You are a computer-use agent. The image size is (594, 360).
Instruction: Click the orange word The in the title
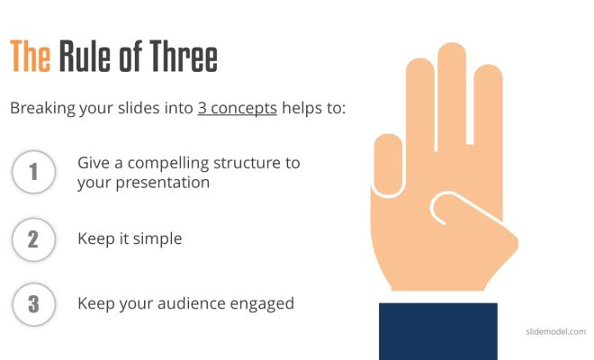tap(31, 56)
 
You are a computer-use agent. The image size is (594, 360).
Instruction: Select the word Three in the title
tap(184, 56)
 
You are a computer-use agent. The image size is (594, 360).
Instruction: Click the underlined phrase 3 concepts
tap(237, 108)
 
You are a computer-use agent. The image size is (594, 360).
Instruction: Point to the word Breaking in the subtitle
tap(43, 109)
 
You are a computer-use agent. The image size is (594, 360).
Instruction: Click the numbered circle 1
tap(33, 172)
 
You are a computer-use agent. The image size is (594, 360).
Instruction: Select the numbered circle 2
tap(33, 239)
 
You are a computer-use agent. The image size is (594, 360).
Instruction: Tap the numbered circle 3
tap(33, 304)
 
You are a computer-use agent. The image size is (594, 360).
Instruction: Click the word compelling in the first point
tap(168, 164)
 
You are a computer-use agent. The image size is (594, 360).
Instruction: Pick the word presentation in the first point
tap(163, 183)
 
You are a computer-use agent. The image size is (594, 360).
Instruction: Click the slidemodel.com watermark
tap(555, 331)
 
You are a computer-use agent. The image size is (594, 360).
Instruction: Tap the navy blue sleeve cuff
tap(438, 331)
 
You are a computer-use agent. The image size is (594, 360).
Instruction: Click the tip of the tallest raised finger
tap(452, 43)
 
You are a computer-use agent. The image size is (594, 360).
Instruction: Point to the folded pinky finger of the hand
tap(388, 165)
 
